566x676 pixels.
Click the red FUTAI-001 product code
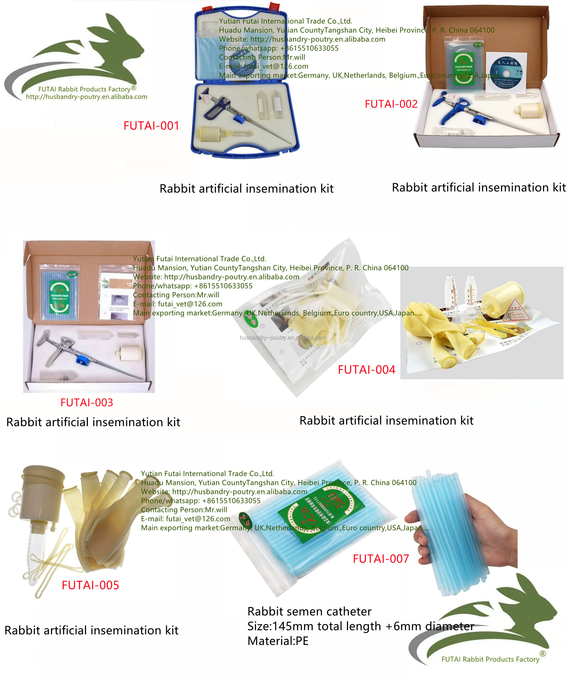151,125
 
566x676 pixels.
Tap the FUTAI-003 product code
87,402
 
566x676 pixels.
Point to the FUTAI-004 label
366,369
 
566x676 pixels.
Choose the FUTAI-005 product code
90,585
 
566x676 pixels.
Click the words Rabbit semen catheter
309,611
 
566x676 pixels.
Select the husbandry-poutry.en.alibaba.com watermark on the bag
283,338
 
